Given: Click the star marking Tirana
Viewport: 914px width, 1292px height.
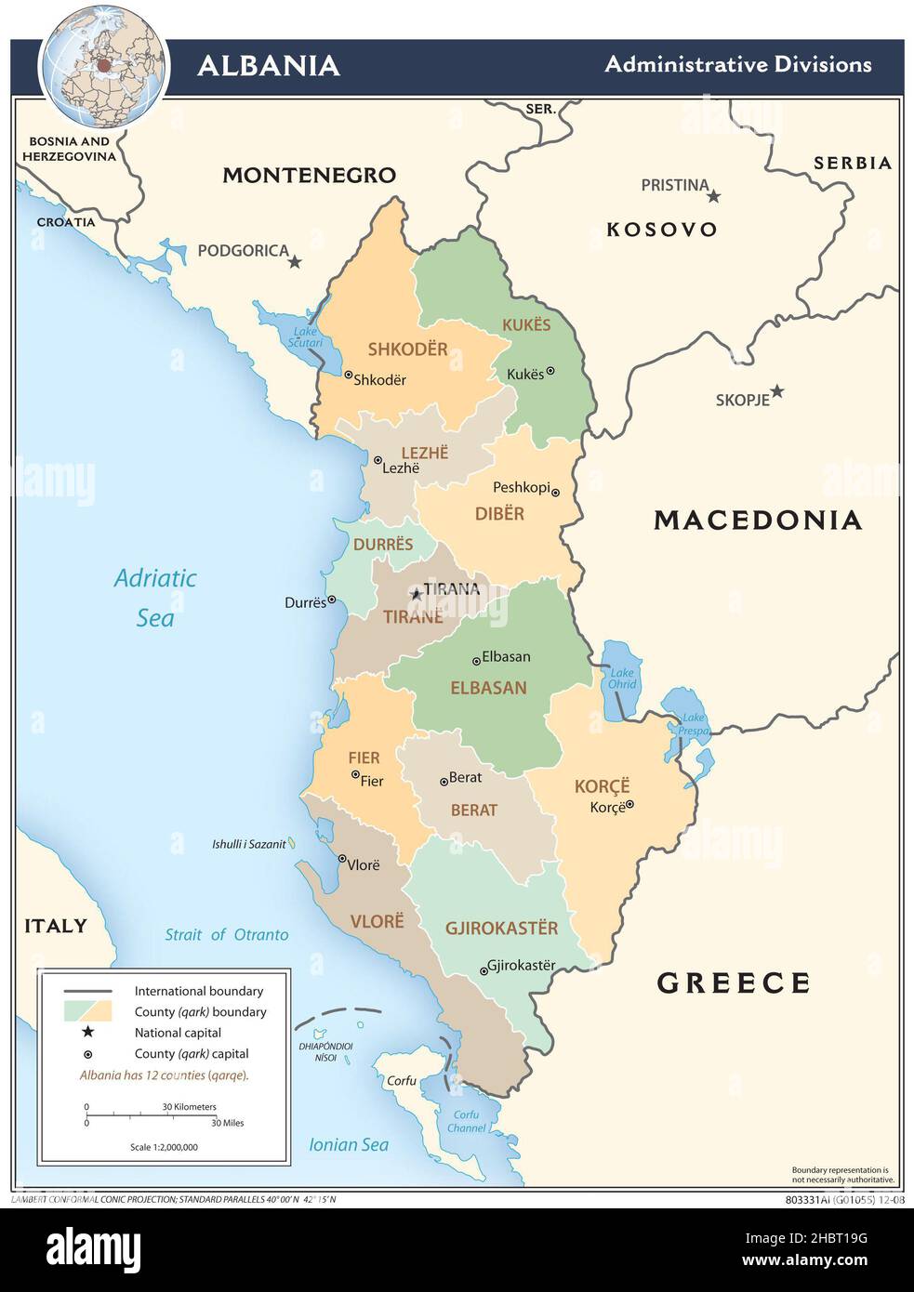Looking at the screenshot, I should (416, 593).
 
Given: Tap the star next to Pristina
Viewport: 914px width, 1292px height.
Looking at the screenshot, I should (714, 195).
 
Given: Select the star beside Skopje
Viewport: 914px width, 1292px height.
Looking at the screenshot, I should (776, 391).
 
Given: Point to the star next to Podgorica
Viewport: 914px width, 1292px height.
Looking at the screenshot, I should (295, 262).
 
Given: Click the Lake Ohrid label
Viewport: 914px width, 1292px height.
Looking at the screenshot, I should (622, 679).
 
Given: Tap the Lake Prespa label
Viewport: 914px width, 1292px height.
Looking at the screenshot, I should (694, 724).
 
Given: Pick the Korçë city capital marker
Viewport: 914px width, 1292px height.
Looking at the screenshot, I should (629, 805).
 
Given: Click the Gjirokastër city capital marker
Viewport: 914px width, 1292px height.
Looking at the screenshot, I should (483, 971).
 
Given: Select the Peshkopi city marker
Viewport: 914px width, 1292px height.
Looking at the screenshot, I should (555, 493).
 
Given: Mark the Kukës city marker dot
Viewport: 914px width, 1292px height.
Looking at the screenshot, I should (550, 371).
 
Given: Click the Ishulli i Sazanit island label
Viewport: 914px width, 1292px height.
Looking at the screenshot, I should (248, 844).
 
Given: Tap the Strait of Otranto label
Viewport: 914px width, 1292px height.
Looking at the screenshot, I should (227, 935).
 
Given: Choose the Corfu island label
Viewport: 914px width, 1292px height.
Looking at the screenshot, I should (402, 1081).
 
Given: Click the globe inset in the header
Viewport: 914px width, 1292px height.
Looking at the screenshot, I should (104, 65).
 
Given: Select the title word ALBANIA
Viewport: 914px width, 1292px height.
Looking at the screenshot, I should (269, 65).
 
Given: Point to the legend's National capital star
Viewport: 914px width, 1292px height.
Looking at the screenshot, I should (88, 1032).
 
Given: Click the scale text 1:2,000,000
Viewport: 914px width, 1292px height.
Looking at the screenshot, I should (164, 1147).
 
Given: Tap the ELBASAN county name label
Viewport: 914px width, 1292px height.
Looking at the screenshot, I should (488, 688).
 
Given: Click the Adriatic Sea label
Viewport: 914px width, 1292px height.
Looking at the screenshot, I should (155, 598).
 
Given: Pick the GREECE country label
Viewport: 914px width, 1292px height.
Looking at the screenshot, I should (734, 982).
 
